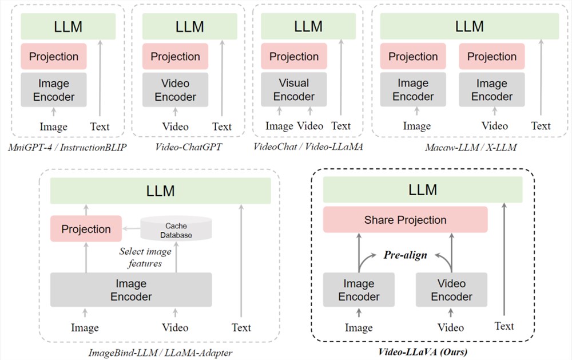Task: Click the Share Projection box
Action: point(405,220)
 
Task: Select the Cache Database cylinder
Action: point(176,229)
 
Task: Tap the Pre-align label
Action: point(405,255)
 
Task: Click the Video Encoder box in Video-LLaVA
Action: point(451,290)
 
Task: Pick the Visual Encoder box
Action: point(293,89)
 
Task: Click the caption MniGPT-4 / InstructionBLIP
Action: point(69,147)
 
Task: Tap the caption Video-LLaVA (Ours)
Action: point(423,351)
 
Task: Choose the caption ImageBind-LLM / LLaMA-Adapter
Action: point(160,351)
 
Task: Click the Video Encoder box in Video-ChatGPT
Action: point(175,89)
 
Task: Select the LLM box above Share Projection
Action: point(422,189)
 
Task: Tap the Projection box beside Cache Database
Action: point(86,229)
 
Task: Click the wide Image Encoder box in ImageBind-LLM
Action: point(131,290)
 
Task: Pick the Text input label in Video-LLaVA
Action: point(504,326)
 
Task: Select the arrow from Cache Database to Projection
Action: point(131,229)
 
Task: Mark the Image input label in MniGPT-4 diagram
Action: point(53,126)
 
